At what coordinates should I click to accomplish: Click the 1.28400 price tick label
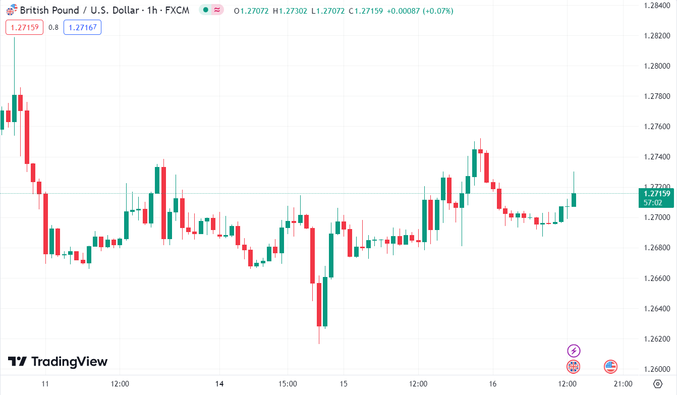click(x=656, y=6)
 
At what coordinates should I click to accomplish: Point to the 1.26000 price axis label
click(x=656, y=369)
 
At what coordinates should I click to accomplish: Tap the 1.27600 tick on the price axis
click(x=656, y=127)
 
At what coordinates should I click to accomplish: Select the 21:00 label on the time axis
click(x=624, y=384)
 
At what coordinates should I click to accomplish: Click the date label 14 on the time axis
click(x=219, y=384)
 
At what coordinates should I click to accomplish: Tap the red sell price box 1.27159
click(x=25, y=27)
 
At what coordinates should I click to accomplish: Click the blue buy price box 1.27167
click(x=82, y=27)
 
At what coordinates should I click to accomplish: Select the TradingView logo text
click(x=58, y=362)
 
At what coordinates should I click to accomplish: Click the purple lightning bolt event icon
click(x=574, y=351)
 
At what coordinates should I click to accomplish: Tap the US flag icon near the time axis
click(x=610, y=367)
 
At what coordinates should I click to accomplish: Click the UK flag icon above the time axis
click(x=574, y=367)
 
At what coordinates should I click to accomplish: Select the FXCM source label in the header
click(x=178, y=10)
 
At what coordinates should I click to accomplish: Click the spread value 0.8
click(x=53, y=27)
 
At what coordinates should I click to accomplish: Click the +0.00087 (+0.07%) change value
click(x=420, y=11)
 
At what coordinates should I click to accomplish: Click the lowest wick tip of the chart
click(x=319, y=344)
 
